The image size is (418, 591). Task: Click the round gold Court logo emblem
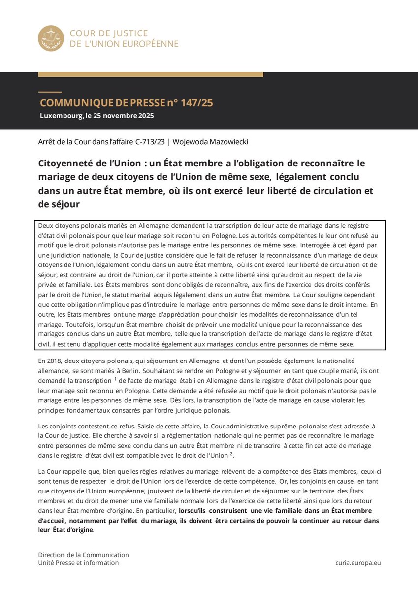[x=51, y=38]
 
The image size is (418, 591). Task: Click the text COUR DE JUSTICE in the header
[x=108, y=33]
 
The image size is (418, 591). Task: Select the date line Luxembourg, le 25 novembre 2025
[x=96, y=116]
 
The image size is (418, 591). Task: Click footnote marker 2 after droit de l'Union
[x=231, y=454]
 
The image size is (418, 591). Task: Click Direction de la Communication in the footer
[x=83, y=555]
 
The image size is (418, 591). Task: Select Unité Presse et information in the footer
[x=78, y=563]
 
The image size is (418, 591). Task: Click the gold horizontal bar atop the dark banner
[x=150, y=74]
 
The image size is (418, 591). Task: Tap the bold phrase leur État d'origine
[x=65, y=530]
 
